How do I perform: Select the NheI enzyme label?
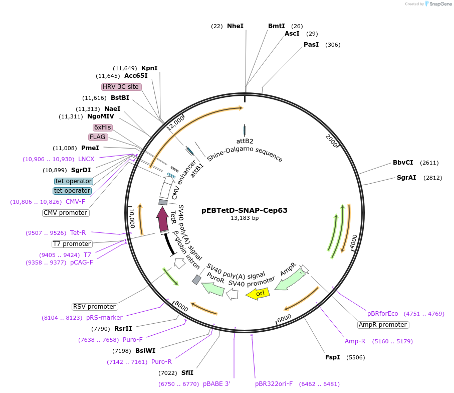[x=235, y=26]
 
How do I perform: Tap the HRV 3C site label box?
[x=121, y=87]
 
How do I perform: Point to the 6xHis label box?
[x=102, y=127]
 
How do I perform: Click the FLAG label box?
[x=98, y=137]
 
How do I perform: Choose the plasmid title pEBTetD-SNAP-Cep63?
[x=245, y=210]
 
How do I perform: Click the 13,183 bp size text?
[x=245, y=218]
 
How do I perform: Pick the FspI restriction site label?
[x=332, y=357]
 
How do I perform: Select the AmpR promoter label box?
[x=383, y=325]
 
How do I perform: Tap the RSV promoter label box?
[x=95, y=307]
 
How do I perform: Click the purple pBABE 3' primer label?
[x=216, y=384]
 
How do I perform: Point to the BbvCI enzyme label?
[x=403, y=163]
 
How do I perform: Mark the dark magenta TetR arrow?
[x=162, y=219]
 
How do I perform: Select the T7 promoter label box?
[x=72, y=244]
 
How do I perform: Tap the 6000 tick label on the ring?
[x=284, y=318]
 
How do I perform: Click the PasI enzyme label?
[x=311, y=45]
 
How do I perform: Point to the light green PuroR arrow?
[x=212, y=289]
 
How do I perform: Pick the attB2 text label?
[x=245, y=141]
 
